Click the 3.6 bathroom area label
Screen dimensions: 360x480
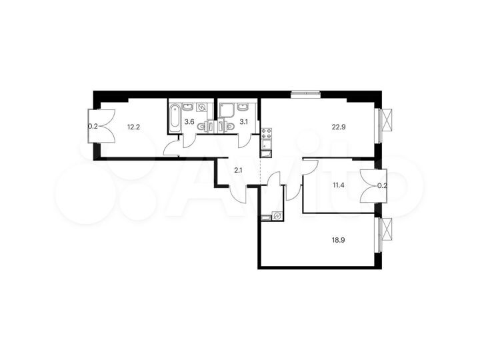(x=189, y=121)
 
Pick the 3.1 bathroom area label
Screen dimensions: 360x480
(x=243, y=121)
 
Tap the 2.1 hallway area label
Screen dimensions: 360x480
(x=238, y=171)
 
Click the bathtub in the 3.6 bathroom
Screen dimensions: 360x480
(x=174, y=115)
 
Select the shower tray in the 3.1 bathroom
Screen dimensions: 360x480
(x=225, y=109)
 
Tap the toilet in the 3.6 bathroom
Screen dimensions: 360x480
(x=202, y=125)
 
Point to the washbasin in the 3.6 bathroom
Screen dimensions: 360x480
(x=189, y=106)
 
